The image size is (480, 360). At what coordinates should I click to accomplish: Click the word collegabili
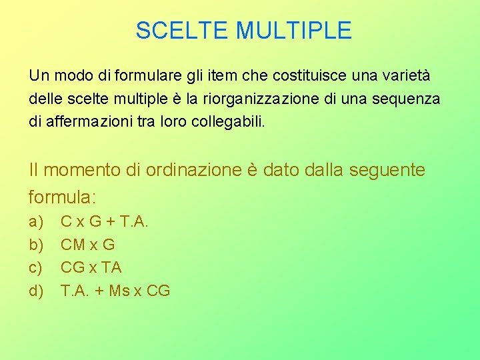point(226,123)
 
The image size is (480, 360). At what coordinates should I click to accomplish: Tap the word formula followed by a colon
point(63,197)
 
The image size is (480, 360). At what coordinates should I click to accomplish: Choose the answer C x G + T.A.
point(104,221)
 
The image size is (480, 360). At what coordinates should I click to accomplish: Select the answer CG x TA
point(91,267)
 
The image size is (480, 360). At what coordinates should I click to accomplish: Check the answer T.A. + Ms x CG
point(115,291)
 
